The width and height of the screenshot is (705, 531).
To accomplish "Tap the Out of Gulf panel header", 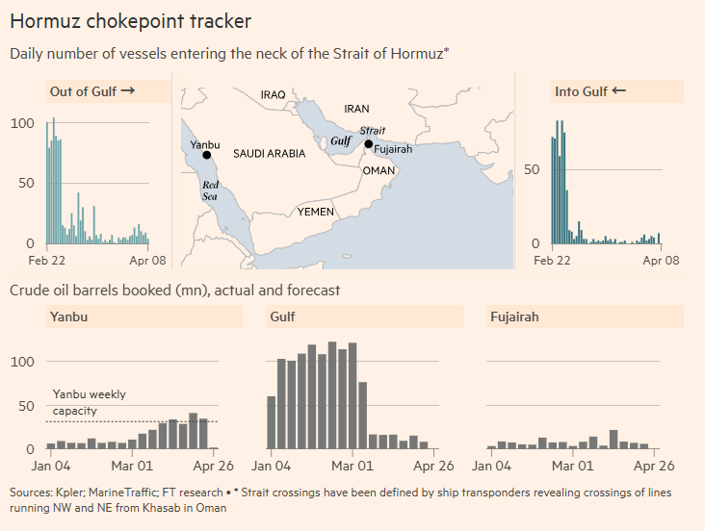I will (x=92, y=91).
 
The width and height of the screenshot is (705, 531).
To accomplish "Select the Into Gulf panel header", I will (x=589, y=91).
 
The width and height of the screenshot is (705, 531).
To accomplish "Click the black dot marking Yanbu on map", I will (x=206, y=155).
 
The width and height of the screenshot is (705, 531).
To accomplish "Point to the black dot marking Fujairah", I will (x=368, y=144).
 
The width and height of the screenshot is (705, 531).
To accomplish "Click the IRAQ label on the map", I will (x=274, y=94).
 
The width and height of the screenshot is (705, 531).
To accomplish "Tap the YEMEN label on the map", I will (x=316, y=211).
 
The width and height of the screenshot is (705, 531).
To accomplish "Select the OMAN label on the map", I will (x=379, y=170).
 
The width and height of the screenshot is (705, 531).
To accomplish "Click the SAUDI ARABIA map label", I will (x=269, y=154).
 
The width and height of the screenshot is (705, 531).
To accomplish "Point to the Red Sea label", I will (x=210, y=190).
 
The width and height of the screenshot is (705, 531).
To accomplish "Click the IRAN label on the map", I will (x=356, y=110).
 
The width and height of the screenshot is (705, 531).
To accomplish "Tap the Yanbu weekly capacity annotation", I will (x=89, y=402).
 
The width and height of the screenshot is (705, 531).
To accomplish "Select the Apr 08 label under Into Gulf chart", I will (x=660, y=261).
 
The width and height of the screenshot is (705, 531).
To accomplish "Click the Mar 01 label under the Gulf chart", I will (x=352, y=467).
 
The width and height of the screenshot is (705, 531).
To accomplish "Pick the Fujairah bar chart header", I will (x=514, y=316).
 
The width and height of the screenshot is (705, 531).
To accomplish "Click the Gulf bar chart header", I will (x=283, y=316).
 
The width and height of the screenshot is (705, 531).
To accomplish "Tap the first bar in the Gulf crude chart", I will (x=272, y=422).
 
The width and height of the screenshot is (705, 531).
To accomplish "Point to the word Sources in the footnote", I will (x=32, y=493).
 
